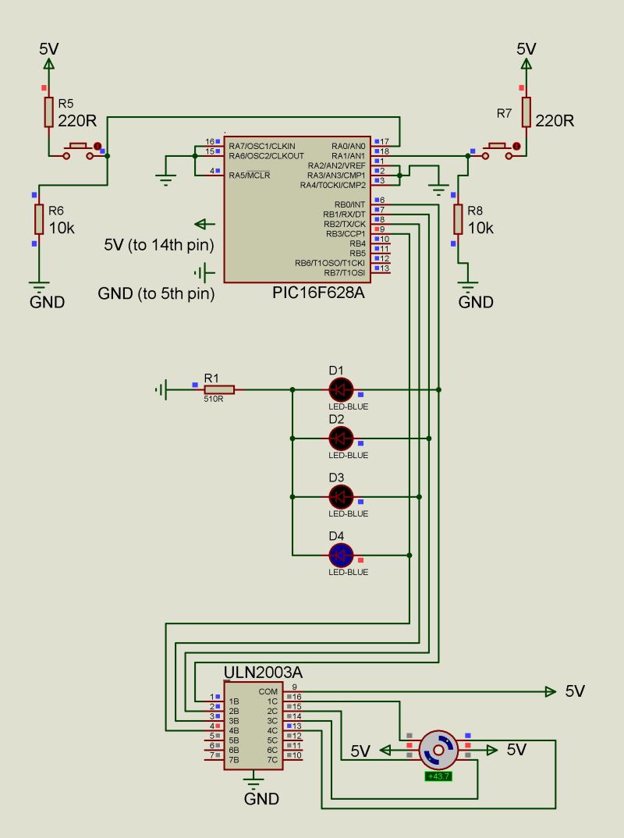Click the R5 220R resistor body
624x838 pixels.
coord(48,112)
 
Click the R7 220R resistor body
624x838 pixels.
coord(526,112)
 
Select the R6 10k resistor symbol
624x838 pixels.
coord(38,219)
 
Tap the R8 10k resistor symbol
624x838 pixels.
coord(458,219)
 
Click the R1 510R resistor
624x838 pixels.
coord(219,389)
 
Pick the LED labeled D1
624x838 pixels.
coord(340,389)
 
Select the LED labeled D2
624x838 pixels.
coord(340,438)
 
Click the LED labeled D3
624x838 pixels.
coord(340,496)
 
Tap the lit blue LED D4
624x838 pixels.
coord(340,555)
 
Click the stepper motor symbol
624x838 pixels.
coord(438,750)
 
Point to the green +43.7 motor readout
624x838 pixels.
coord(439,776)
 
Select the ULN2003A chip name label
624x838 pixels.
coord(263,673)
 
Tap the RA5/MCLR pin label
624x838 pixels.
coord(249,175)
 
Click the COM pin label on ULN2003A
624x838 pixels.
coord(268,691)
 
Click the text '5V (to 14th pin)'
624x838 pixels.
coord(159,245)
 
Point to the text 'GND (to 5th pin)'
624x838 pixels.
coord(156,294)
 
